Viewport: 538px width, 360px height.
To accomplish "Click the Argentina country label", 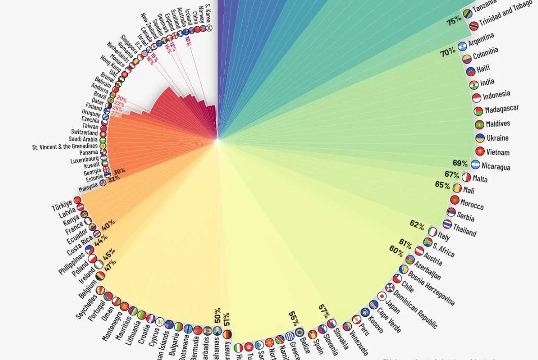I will click(x=481, y=39).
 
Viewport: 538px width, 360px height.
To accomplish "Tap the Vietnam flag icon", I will click(x=479, y=151).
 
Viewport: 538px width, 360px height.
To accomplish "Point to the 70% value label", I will click(x=447, y=52).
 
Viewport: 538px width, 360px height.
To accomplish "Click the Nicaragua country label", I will click(x=496, y=166).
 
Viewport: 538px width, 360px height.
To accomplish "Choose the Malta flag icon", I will click(x=466, y=177).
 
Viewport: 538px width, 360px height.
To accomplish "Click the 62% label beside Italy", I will click(x=417, y=224).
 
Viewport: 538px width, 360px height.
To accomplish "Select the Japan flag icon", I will click(x=382, y=296).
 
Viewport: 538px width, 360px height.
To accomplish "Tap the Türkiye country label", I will click(x=62, y=207).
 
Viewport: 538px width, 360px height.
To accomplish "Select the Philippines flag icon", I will click(x=89, y=250).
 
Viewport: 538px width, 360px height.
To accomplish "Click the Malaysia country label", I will click(x=88, y=188).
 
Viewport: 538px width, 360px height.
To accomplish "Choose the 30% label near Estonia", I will click(x=119, y=171).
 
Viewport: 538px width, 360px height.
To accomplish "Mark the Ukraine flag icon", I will click(x=480, y=138).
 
